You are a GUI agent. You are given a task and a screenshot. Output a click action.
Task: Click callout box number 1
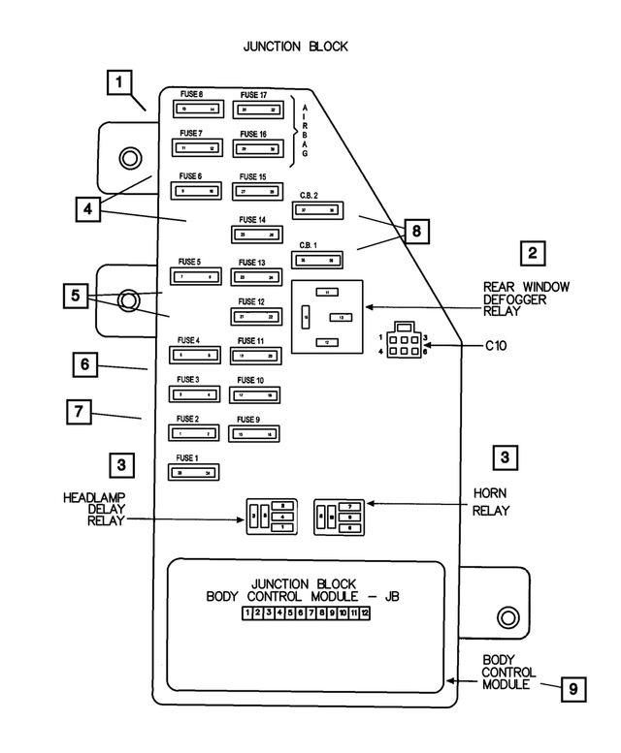coord(118,83)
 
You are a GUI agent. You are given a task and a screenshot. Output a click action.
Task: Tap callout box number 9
coord(573,689)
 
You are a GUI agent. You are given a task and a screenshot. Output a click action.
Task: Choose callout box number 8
coord(415,231)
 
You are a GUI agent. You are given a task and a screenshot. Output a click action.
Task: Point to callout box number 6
coord(84,364)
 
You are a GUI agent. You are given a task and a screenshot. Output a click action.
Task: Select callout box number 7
coord(80,412)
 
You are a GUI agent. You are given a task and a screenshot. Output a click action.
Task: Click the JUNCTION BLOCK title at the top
coord(295,46)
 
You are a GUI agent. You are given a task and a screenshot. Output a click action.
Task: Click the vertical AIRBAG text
coord(305,129)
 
